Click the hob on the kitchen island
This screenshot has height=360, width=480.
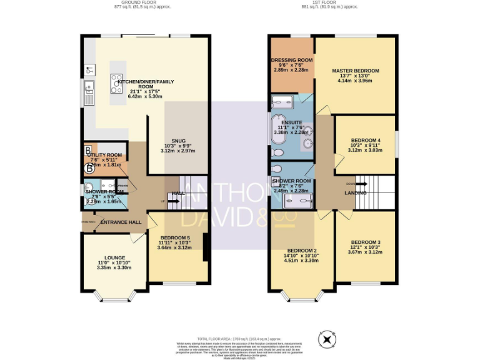coord(116,80)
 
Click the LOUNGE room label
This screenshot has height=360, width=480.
coord(114,257)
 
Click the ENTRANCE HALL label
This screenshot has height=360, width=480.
coord(121,222)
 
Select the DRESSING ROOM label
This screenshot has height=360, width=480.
coord(291,60)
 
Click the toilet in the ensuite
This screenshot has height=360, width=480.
coord(278,152)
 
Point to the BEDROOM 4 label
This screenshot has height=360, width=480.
coord(366,140)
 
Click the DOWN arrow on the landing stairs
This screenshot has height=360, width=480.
coord(352,184)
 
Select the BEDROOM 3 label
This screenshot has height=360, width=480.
coord(366,242)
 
